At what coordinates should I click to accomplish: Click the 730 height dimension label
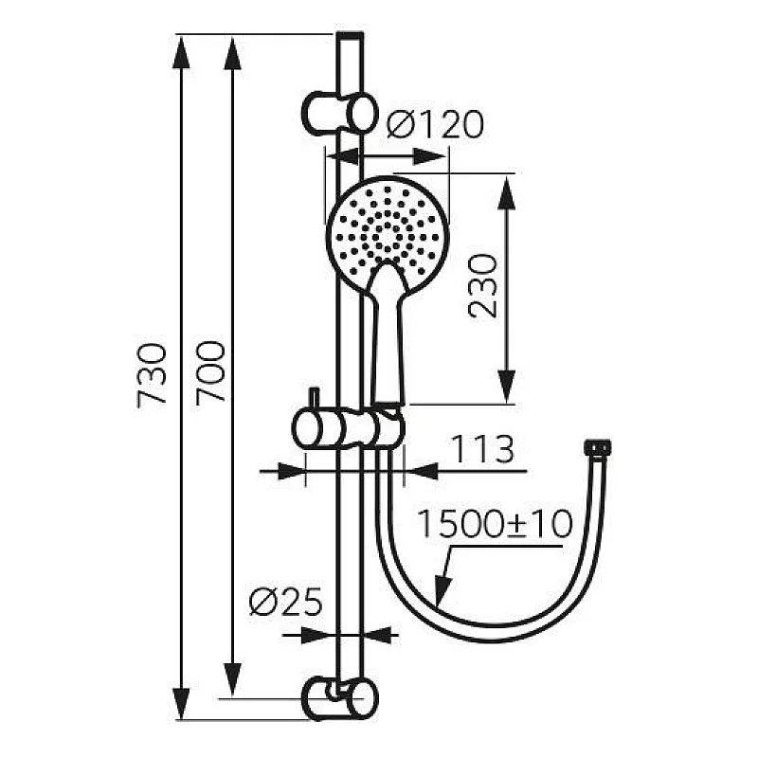pos(153,375)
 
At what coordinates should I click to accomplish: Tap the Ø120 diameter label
pos(435,125)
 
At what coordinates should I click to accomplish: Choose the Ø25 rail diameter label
pos(285,602)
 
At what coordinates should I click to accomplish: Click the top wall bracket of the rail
pos(338,112)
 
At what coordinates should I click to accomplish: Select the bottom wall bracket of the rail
pos(338,698)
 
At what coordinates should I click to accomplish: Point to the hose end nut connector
pos(599,445)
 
